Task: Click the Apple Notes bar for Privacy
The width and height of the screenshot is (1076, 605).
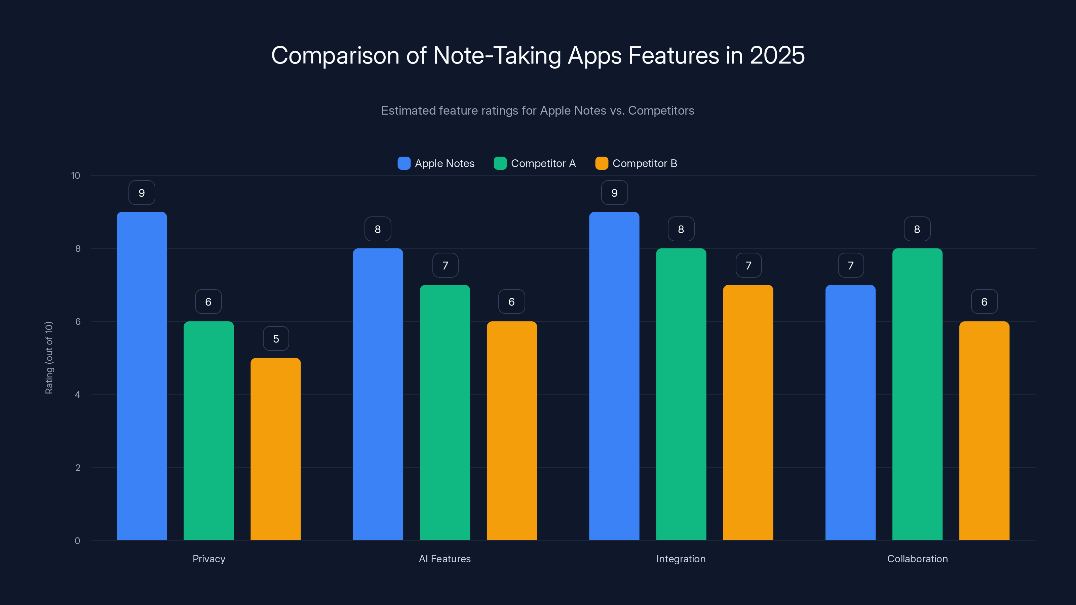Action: [142, 376]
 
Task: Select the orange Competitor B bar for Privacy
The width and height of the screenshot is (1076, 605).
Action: [276, 449]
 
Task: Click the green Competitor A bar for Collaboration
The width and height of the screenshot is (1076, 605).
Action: [917, 394]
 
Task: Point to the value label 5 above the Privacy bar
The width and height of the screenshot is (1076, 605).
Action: [276, 338]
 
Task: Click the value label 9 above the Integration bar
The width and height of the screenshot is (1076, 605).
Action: [614, 193]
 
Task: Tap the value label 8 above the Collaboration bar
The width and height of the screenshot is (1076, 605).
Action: [917, 229]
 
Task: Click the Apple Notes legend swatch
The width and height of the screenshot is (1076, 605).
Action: [404, 163]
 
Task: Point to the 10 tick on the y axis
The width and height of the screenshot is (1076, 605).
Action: [76, 176]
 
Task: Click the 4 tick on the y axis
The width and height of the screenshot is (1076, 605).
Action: [77, 395]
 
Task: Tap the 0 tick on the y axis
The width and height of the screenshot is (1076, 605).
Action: [77, 541]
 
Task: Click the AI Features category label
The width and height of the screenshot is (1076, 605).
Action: [445, 559]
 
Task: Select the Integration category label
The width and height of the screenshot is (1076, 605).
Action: [681, 559]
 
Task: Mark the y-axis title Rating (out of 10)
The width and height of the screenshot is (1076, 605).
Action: [49, 358]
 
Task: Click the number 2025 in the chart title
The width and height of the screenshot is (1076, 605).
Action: [777, 55]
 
